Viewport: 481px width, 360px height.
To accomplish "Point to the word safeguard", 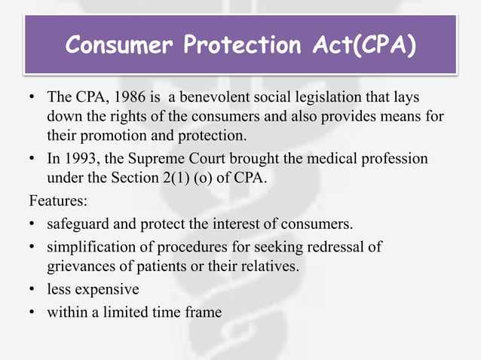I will click(77, 224).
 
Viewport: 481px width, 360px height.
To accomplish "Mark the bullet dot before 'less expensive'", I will click(32, 289).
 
